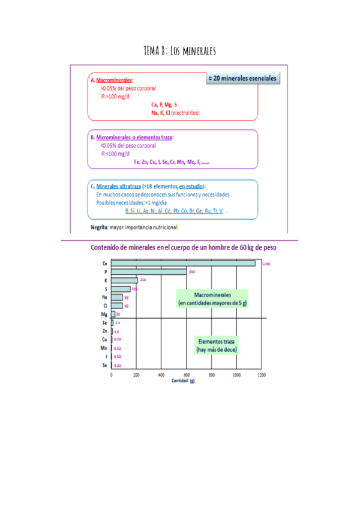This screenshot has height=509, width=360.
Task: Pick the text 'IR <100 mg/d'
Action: (x=115, y=154)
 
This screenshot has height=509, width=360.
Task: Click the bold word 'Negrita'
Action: (x=99, y=227)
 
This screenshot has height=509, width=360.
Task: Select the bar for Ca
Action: (x=183, y=263)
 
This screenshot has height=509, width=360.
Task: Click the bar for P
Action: (x=149, y=271)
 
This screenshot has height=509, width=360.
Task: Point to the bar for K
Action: (x=124, y=280)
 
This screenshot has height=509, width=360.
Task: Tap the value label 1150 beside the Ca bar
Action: (x=266, y=263)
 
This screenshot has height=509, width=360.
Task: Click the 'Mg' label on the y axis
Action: (x=104, y=314)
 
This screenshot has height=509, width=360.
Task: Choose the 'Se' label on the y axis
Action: (x=104, y=364)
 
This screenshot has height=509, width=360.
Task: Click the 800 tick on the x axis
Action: (x=211, y=374)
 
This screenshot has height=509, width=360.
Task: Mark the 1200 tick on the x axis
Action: (x=262, y=374)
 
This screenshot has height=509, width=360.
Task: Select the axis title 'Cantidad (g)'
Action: (x=183, y=381)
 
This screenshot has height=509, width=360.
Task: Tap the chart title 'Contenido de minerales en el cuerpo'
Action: (x=184, y=247)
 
